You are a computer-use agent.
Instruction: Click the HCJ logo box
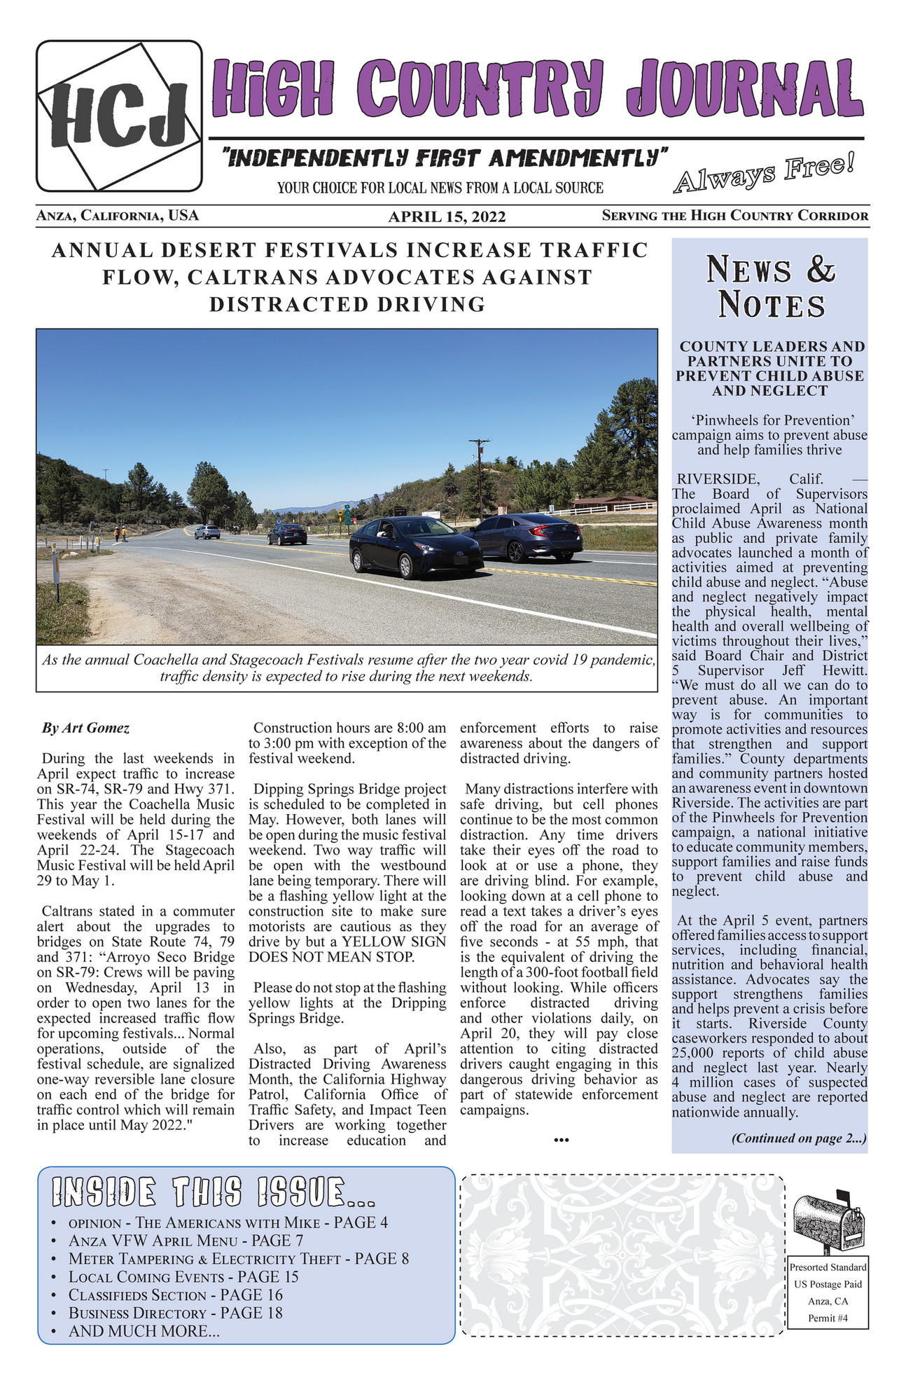[x=119, y=116]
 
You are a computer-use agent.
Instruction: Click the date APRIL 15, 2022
[x=447, y=216]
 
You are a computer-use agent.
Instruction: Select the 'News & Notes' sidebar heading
[x=770, y=287]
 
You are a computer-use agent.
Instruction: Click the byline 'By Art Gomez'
[x=86, y=728]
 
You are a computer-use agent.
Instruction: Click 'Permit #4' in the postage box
[x=828, y=1318]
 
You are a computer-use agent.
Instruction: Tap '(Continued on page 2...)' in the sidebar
[x=799, y=1138]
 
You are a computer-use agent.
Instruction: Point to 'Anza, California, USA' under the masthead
[x=118, y=216]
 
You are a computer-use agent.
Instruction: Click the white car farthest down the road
[x=207, y=532]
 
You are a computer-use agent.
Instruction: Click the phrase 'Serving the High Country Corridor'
[x=735, y=216]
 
